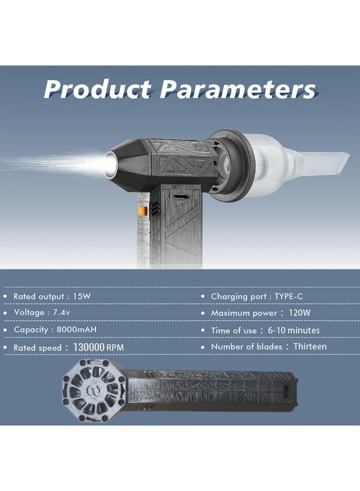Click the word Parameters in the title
point(238,89)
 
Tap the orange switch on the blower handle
point(142,211)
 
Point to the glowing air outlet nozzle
point(111,163)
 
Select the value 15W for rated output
point(82,296)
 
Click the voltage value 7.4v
point(61,313)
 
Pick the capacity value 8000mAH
point(76,330)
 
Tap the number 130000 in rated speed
point(88,348)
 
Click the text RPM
point(115,348)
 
